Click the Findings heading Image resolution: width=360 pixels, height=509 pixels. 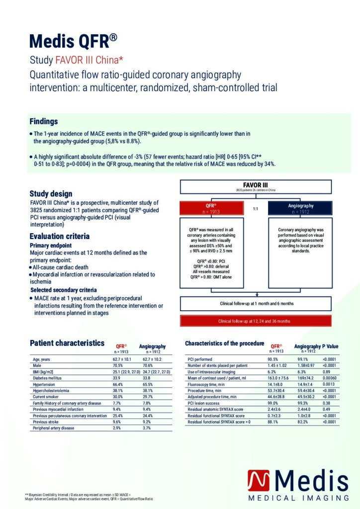click(x=44, y=121)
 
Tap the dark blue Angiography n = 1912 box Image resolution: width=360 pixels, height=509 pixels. click(x=300, y=208)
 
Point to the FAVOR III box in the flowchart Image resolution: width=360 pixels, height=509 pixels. click(x=256, y=186)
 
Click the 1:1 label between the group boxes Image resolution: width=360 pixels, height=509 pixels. click(x=255, y=209)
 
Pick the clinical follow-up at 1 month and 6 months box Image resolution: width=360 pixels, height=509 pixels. click(x=256, y=303)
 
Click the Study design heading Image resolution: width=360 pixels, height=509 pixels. click(x=51, y=193)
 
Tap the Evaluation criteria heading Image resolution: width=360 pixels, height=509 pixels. click(x=60, y=236)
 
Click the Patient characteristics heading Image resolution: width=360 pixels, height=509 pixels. click(x=67, y=343)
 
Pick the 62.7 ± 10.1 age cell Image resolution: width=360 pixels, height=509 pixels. click(x=124, y=359)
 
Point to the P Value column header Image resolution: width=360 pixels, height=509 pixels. click(x=330, y=346)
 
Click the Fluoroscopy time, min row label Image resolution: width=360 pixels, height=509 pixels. click(x=207, y=384)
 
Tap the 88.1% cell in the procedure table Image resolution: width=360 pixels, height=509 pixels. click(x=273, y=422)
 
